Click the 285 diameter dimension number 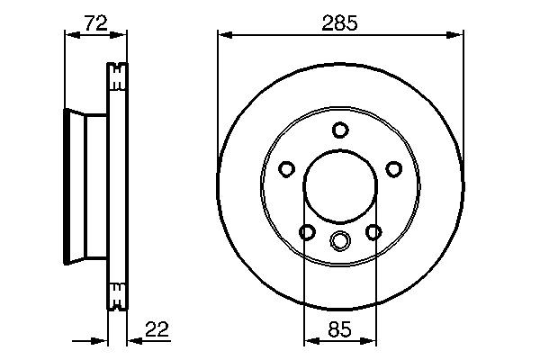click(x=339, y=23)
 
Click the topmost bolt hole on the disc click(x=339, y=130)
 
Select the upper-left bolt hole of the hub click(x=286, y=169)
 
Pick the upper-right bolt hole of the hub click(x=392, y=169)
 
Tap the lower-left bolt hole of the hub click(x=306, y=232)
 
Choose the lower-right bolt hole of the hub click(x=373, y=232)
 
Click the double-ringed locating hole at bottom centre click(x=339, y=239)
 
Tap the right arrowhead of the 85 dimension click(x=368, y=341)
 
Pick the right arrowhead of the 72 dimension click(x=122, y=36)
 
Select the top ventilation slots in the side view click(x=118, y=77)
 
